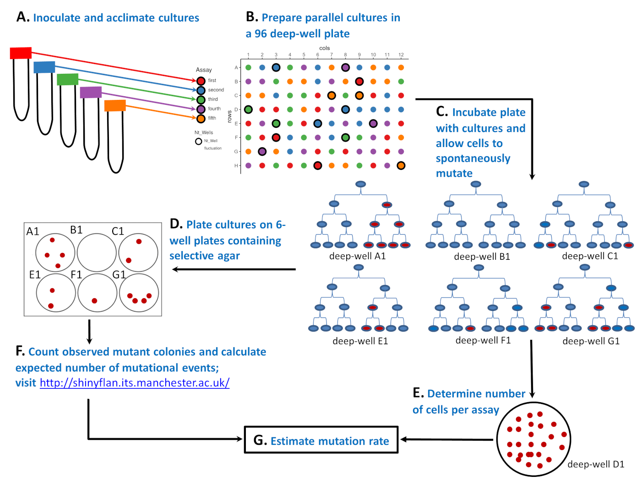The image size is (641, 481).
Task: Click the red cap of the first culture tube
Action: click(x=21, y=53)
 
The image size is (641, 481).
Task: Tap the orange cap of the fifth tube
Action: click(x=115, y=106)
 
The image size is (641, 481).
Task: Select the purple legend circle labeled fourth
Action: click(x=201, y=109)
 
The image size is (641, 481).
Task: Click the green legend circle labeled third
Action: click(x=201, y=99)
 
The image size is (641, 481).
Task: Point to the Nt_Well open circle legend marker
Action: click(x=198, y=141)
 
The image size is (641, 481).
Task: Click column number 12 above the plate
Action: click(x=401, y=55)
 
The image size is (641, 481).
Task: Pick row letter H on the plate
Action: click(x=236, y=166)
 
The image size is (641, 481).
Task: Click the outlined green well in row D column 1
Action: click(x=248, y=109)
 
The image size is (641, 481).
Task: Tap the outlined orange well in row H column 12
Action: click(x=401, y=165)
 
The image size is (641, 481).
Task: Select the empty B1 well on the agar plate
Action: click(x=97, y=252)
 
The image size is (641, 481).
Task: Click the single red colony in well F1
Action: click(x=94, y=301)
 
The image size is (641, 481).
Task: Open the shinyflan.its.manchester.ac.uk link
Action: click(x=135, y=383)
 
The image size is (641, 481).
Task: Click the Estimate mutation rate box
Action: click(x=321, y=440)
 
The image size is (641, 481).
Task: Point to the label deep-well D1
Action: click(x=596, y=465)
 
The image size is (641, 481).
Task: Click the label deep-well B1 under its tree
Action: click(x=482, y=257)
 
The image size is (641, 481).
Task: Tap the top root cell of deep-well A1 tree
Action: click(x=361, y=184)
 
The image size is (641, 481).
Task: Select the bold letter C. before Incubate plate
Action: click(x=442, y=112)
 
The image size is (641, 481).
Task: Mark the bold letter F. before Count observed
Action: click(x=20, y=351)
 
